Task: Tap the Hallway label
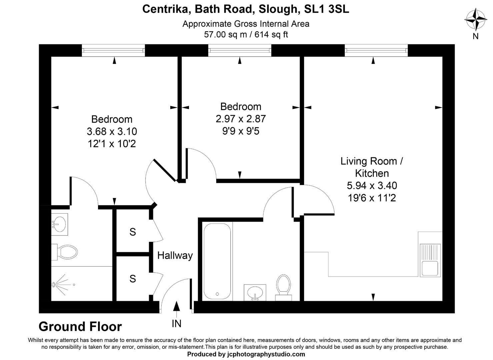point(175,256)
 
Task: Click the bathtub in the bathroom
point(217,261)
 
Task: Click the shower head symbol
point(54,285)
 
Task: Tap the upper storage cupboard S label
point(133,232)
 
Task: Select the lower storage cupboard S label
point(133,279)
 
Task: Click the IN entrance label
point(176,323)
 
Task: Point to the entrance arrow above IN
point(176,307)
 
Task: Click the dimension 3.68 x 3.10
point(112,132)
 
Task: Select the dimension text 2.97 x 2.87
point(241,119)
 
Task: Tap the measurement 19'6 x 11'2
point(372,198)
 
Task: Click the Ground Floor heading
point(80,326)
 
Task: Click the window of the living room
point(376,50)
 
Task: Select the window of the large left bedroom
point(114,50)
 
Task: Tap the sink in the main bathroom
point(255,292)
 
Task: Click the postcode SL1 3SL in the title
point(327,9)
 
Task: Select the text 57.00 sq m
point(225,34)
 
